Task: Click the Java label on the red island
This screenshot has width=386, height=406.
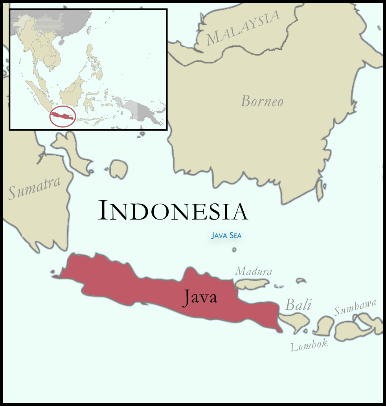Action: (200, 297)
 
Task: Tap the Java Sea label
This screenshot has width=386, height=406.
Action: (226, 236)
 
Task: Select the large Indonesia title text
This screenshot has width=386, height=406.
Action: (173, 210)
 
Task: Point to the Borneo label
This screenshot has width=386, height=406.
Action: (262, 101)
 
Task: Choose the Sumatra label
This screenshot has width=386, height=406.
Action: (35, 188)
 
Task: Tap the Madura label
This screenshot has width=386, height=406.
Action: (254, 271)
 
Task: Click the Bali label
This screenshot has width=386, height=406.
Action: (298, 305)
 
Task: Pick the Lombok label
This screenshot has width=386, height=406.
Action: (309, 345)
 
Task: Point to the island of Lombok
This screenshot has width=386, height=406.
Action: (324, 326)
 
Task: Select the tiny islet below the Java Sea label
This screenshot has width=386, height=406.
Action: (234, 249)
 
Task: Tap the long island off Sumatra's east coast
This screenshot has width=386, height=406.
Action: (73, 153)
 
